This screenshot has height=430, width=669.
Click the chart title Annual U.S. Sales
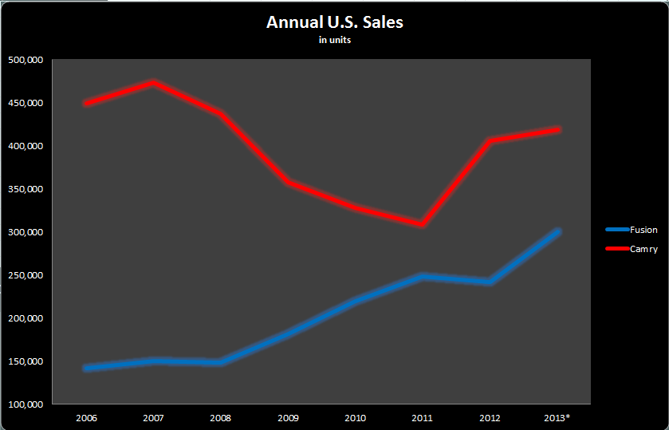click(x=334, y=22)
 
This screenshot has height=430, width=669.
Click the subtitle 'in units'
click(x=334, y=41)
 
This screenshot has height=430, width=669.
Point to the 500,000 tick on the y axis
click(x=25, y=60)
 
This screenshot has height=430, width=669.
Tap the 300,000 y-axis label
click(x=25, y=232)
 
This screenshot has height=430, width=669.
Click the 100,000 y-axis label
click(x=25, y=404)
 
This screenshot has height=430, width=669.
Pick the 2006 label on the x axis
click(x=86, y=417)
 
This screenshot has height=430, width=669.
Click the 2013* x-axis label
click(x=558, y=417)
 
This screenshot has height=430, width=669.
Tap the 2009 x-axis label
click(x=288, y=417)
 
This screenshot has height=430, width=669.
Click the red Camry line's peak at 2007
click(x=154, y=82)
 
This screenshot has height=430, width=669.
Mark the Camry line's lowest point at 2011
click(x=423, y=224)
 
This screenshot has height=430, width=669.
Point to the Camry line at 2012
click(x=490, y=141)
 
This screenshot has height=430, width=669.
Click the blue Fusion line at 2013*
click(x=558, y=231)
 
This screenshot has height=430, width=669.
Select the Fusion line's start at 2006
click(x=86, y=368)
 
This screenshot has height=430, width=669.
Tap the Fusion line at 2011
click(x=423, y=276)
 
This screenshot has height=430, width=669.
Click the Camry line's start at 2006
click(x=86, y=104)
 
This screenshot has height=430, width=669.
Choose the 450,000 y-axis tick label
click(x=25, y=103)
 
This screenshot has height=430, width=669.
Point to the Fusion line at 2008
click(x=221, y=362)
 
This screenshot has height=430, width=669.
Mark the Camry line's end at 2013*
click(x=558, y=129)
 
